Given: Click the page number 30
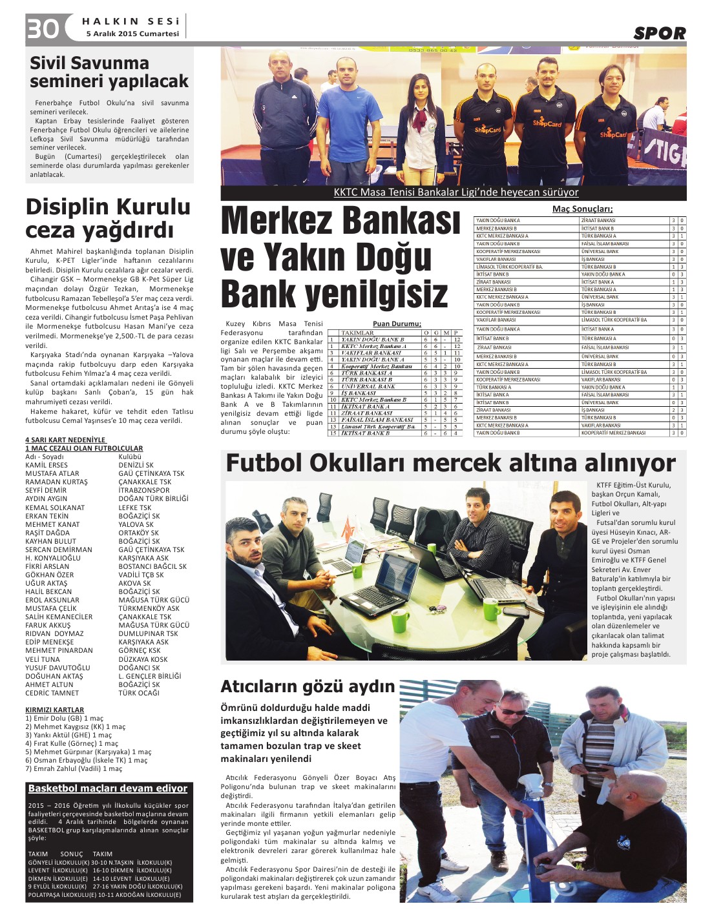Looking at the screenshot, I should coord(43,29).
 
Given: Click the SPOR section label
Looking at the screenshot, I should coord(659,33).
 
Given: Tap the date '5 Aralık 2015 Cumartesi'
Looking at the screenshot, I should coord(132,34).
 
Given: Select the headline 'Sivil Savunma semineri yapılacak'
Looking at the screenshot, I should coord(109,72).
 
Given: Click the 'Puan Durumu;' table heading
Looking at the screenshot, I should coord(397,324).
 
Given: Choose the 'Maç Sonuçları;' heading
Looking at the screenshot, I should coord(582,209).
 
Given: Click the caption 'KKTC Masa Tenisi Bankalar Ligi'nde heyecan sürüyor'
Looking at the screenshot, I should coord(455,192).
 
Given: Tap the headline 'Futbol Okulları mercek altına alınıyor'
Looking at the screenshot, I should coord(450,463).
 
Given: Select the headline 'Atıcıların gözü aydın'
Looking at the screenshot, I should coord(308,686).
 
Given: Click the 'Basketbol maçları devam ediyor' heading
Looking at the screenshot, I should coord(108,788).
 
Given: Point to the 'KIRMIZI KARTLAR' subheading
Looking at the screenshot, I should coord(55,710).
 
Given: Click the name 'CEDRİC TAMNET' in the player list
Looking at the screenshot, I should coord(52,693).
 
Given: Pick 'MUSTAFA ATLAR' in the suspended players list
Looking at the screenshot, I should coord(52,473).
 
